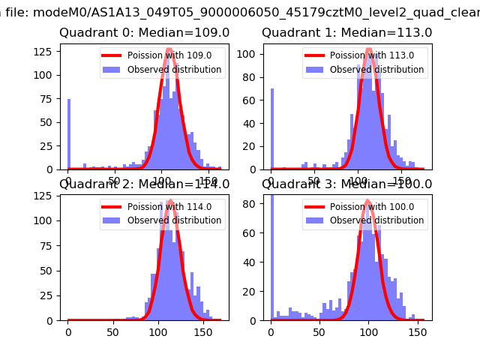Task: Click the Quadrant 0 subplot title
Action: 145,33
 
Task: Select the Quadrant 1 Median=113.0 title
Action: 346,33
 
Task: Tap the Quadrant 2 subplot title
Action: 145,184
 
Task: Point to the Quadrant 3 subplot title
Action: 346,184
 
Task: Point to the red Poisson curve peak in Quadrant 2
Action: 170,201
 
